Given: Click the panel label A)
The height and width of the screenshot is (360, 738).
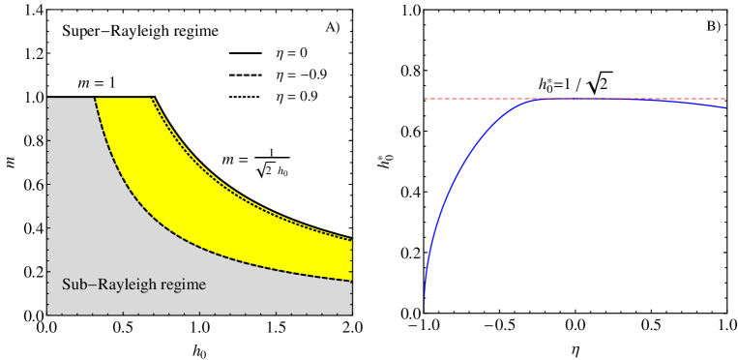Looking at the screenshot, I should click(x=333, y=27).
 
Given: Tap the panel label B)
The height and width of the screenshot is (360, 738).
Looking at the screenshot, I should click(x=714, y=27).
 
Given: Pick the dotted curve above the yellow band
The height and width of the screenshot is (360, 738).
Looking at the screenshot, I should click(x=242, y=183).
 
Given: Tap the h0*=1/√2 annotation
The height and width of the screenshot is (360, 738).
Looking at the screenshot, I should click(x=576, y=84).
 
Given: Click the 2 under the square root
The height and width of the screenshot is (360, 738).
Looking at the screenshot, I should click(x=605, y=85).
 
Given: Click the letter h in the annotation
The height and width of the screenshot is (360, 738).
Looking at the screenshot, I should click(x=543, y=84).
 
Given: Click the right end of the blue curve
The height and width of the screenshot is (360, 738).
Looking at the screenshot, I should click(x=725, y=108).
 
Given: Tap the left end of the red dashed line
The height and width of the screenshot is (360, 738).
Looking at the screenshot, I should click(x=426, y=99).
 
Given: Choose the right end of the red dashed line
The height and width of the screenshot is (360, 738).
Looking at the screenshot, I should click(x=725, y=99).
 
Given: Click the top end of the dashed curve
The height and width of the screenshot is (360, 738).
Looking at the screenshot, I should click(x=95, y=99).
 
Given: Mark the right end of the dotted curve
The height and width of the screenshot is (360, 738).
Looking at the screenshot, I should click(x=351, y=238).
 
